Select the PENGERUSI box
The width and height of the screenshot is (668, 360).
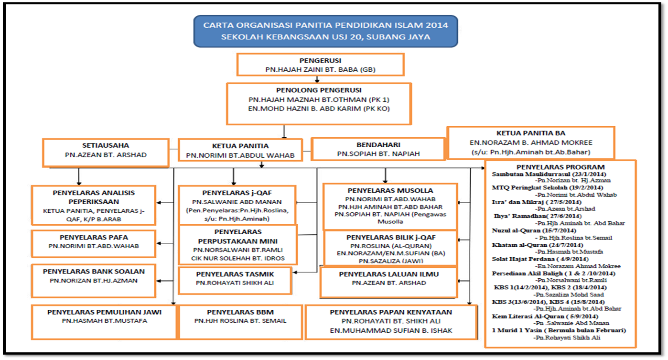[321, 65]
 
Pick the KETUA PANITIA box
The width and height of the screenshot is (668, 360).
[240, 150]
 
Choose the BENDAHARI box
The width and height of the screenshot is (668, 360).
[378, 149]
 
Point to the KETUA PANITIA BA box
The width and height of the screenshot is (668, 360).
[530, 142]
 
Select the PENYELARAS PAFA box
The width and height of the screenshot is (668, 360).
[94, 242]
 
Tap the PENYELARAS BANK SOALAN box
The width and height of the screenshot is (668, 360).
[94, 276]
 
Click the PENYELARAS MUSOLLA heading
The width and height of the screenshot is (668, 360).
[390, 191]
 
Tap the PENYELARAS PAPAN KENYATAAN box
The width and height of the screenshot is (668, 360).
[391, 321]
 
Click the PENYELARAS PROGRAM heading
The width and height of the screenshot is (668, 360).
[560, 167]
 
